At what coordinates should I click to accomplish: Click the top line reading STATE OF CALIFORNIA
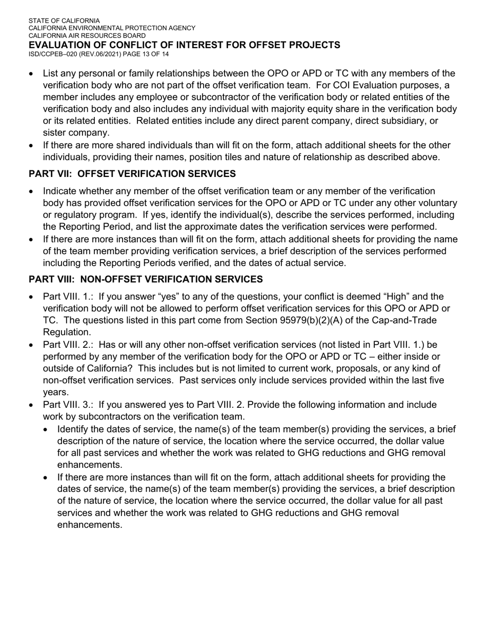tap(64, 21)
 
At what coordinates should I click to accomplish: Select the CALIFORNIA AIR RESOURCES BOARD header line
tap(87, 36)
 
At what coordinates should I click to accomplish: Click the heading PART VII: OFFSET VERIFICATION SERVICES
tap(132, 174)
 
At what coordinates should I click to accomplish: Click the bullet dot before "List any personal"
tap(32, 74)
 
